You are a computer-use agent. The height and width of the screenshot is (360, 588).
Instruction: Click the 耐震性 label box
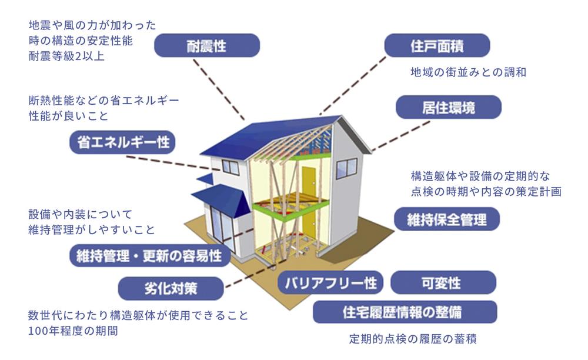(x=206, y=45)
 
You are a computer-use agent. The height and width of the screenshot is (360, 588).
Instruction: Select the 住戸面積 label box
(x=437, y=45)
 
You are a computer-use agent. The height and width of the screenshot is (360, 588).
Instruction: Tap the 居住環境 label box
(x=448, y=108)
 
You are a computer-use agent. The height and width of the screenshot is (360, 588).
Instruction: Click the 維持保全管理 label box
(x=447, y=219)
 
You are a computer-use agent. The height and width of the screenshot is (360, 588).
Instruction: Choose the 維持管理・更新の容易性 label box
(x=149, y=256)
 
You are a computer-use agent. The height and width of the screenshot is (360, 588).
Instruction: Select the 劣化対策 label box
(x=171, y=289)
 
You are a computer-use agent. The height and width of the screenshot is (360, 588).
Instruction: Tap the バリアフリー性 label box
(x=331, y=283)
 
